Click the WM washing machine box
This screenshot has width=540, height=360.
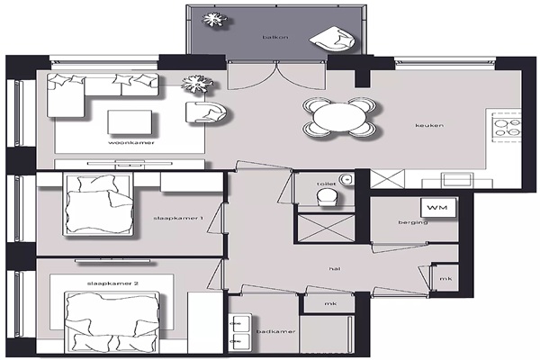point(438,207)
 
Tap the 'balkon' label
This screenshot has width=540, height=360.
point(275,37)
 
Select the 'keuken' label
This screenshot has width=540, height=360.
point(429,125)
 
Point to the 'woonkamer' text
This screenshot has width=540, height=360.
point(131,142)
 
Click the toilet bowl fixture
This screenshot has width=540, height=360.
point(328,197)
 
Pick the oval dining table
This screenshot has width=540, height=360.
point(340,117)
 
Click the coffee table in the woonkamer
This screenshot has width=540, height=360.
point(130,122)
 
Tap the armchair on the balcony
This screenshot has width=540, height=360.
point(333,39)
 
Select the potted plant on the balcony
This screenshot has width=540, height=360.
point(214,19)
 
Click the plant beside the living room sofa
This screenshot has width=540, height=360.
point(197,84)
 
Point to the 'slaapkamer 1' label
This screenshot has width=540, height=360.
point(178,218)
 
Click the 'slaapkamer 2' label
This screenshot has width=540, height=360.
point(112,283)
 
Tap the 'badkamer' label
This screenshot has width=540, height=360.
point(276,331)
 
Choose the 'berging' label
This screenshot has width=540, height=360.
point(413,222)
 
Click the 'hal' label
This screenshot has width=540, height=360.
point(335,268)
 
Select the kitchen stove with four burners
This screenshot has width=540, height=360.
point(507,128)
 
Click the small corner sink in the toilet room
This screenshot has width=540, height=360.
point(346,179)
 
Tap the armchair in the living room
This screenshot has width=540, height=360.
point(206,112)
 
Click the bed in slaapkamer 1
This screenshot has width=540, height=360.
point(98,204)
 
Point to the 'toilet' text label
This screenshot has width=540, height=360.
point(326,184)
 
